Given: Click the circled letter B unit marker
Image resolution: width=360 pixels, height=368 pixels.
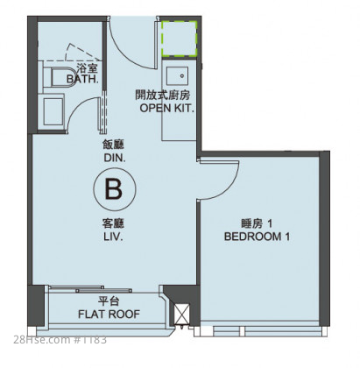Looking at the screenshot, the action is (x=115, y=189).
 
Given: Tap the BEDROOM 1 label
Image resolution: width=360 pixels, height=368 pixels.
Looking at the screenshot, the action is (x=257, y=237).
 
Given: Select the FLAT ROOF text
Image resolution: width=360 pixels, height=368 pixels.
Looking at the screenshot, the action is (x=109, y=315).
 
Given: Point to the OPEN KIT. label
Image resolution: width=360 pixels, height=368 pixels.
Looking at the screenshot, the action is (x=166, y=108).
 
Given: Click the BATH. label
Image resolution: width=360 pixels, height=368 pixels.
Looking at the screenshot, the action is (x=82, y=79).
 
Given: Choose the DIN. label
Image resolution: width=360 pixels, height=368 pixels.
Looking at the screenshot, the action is (x=115, y=159).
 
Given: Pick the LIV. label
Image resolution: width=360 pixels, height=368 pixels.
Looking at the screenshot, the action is (x=113, y=237).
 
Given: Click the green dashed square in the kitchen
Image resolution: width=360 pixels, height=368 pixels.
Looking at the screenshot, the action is (x=179, y=39).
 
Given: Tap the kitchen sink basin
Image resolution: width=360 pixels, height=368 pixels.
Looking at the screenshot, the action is (x=177, y=77).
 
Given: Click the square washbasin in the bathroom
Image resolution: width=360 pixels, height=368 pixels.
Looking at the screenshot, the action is (x=53, y=111).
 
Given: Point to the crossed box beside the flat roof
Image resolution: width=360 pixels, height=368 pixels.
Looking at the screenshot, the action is (x=182, y=314).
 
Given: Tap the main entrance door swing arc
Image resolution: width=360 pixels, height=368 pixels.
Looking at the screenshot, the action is (x=124, y=53).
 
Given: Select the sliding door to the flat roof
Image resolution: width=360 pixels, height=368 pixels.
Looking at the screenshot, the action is (x=90, y=289).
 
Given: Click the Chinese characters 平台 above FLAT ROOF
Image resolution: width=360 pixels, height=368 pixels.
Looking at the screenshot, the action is (x=109, y=301).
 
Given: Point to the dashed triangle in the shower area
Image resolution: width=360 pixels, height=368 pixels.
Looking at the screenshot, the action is (x=82, y=52).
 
